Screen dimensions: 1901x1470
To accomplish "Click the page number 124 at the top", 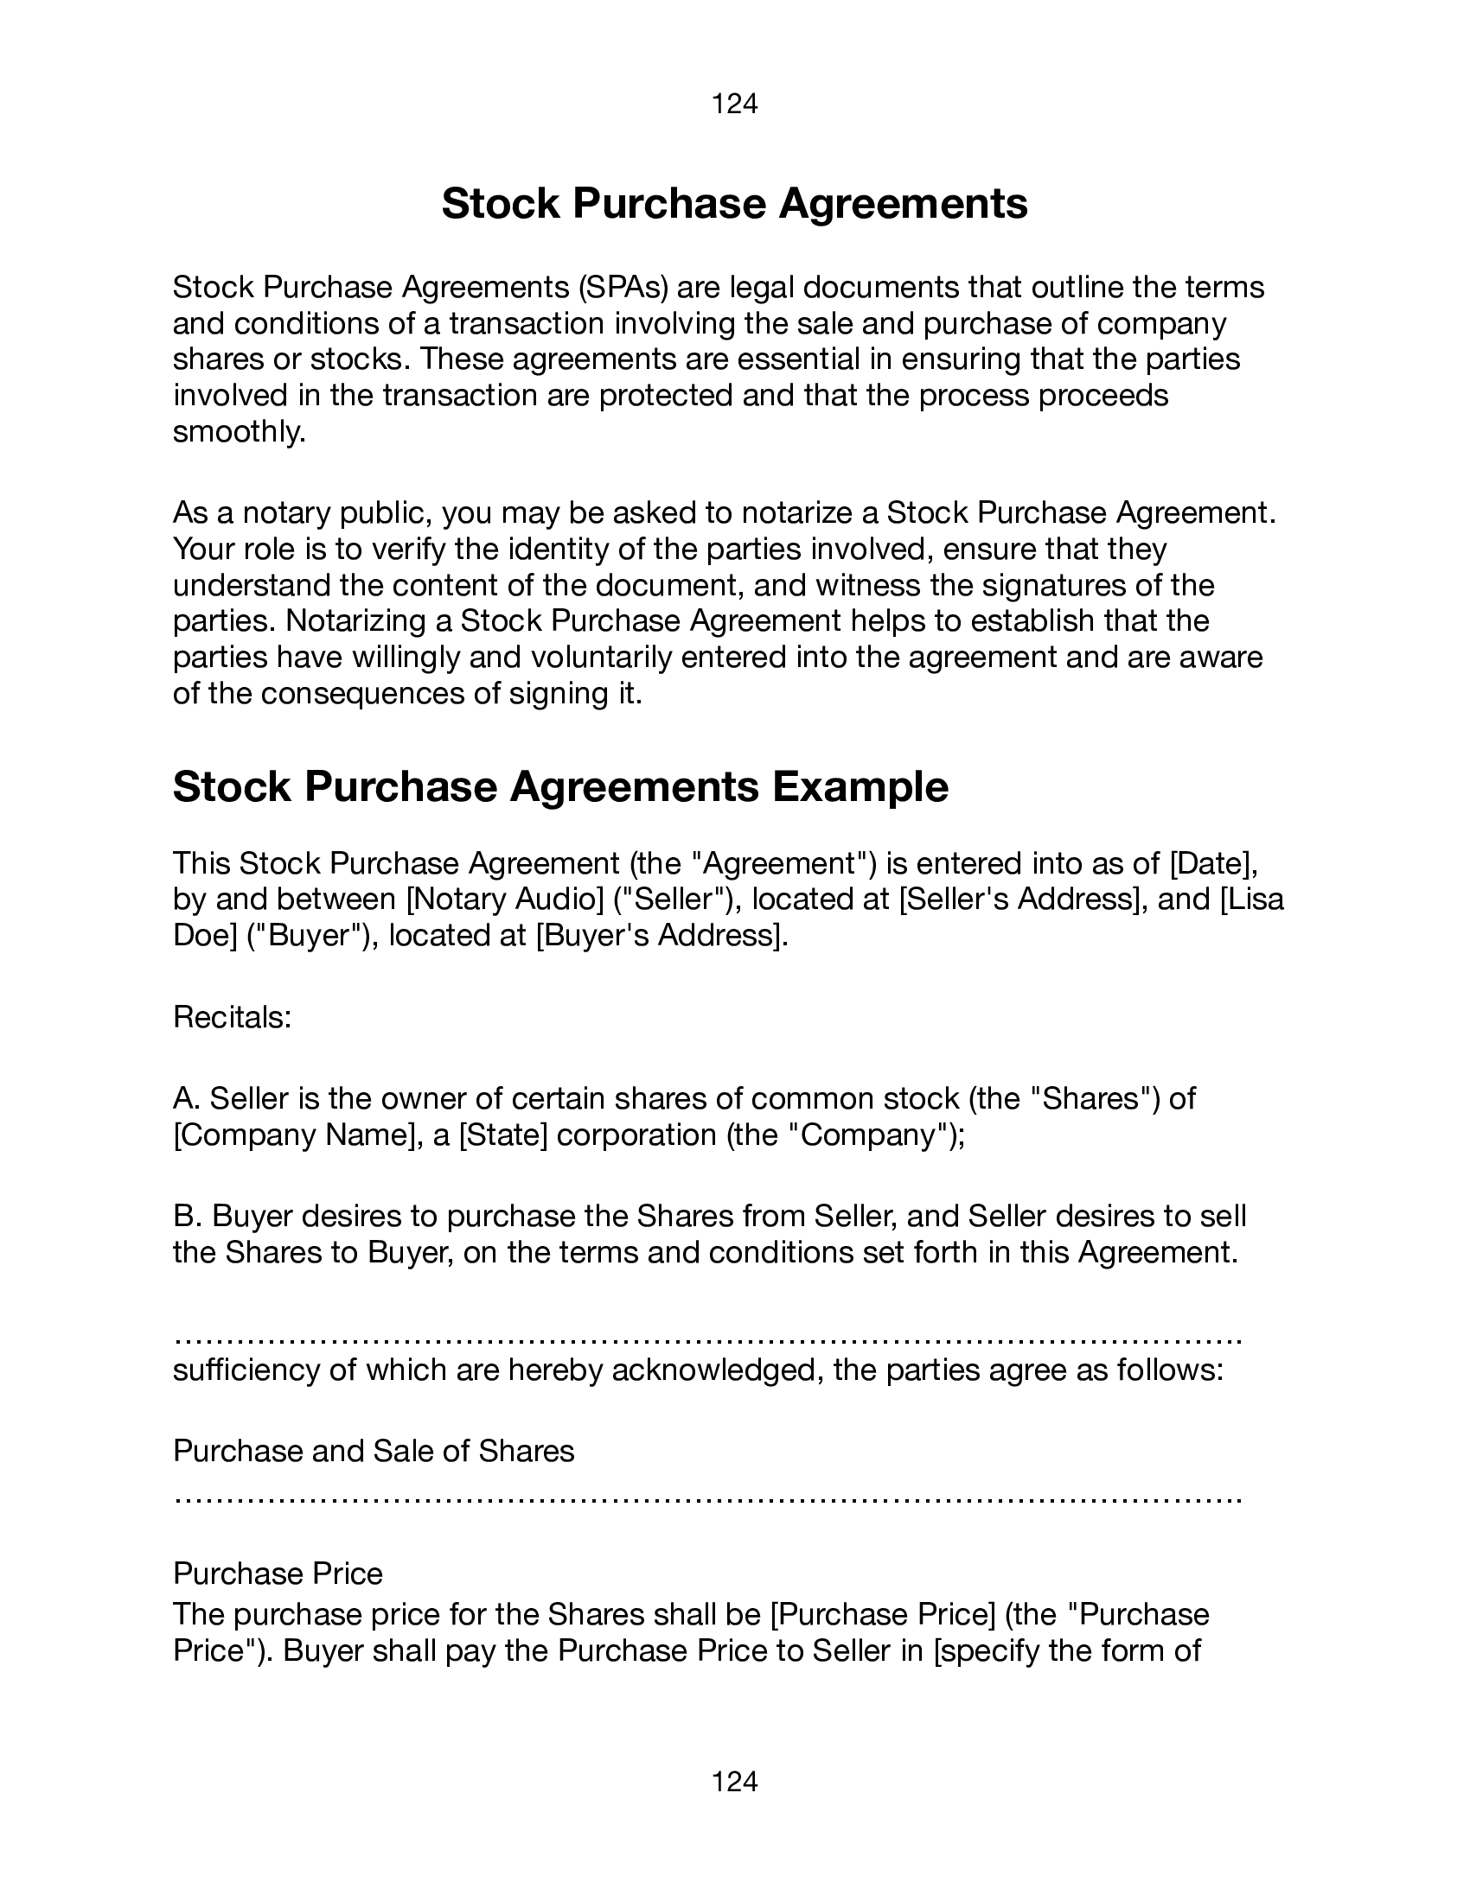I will pos(734,105).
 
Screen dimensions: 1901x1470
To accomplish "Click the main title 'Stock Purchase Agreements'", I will pos(734,204).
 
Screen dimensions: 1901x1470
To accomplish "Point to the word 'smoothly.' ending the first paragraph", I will pos(240,432).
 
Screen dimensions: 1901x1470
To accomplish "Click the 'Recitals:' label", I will pos(232,1017).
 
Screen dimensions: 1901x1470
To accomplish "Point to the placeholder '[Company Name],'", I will pos(297,1135).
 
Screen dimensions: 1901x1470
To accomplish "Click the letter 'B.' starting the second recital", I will pos(188,1216).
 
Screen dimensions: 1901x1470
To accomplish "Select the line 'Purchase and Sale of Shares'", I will pos(374,1451).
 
